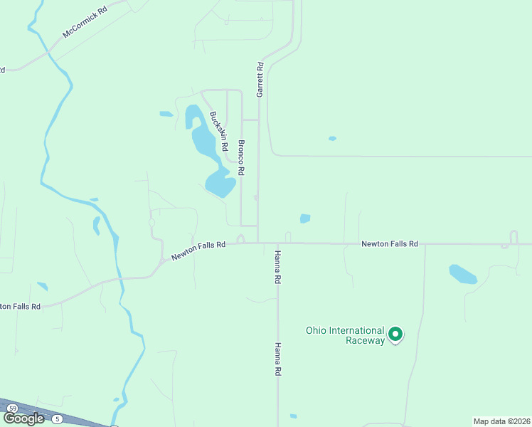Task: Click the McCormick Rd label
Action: pyautogui.click(x=85, y=22)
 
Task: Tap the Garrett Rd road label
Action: pyautogui.click(x=260, y=80)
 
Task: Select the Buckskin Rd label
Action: pyautogui.click(x=218, y=131)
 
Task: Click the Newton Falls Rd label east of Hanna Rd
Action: pyautogui.click(x=389, y=243)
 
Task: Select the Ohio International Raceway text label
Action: pyautogui.click(x=346, y=334)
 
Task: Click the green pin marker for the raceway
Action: pyautogui.click(x=396, y=334)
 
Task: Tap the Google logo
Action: pyautogui.click(x=23, y=418)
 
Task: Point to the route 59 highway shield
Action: pyautogui.click(x=13, y=408)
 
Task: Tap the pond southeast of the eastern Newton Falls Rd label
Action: pyautogui.click(x=463, y=274)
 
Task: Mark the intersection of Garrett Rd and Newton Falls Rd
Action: pyautogui.click(x=257, y=243)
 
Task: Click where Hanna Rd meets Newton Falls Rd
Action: pyautogui.click(x=277, y=243)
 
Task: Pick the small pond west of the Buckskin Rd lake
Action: pyautogui.click(x=166, y=114)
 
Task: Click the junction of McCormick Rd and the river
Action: pyautogui.click(x=48, y=52)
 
